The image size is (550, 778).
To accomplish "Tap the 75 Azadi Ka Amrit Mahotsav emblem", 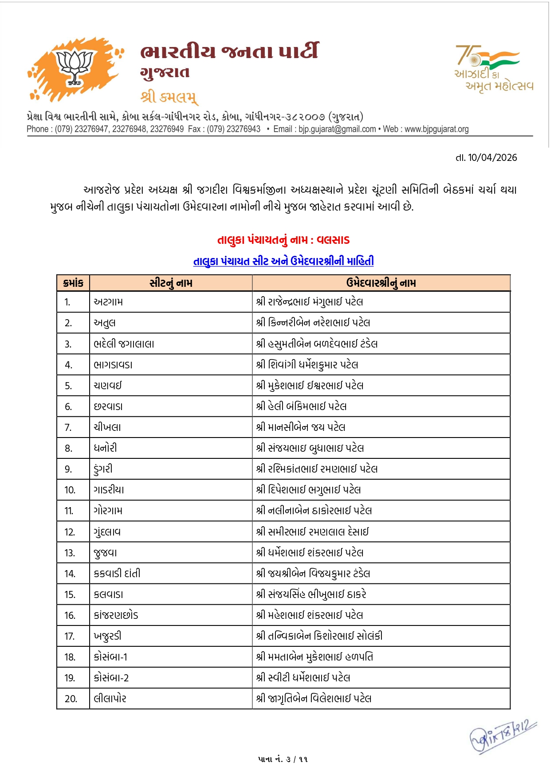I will click(x=494, y=68).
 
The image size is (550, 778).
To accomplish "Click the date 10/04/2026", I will click(x=492, y=157).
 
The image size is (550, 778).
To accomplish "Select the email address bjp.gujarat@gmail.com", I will click(x=337, y=129).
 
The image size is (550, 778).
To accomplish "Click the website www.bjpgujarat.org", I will click(x=436, y=129).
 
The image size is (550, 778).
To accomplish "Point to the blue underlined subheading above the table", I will click(x=283, y=261).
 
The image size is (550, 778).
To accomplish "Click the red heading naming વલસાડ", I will click(x=283, y=240).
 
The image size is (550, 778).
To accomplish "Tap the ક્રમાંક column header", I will click(x=73, y=283).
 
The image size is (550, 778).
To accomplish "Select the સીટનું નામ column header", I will click(x=171, y=283).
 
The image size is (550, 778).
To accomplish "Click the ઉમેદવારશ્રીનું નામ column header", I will click(x=381, y=283).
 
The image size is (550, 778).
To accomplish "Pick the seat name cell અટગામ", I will click(x=108, y=302).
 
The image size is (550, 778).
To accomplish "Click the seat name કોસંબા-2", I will click(x=111, y=678).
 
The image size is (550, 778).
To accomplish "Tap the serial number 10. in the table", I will click(x=70, y=490).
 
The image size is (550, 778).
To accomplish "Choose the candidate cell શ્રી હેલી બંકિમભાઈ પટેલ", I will click(x=301, y=406).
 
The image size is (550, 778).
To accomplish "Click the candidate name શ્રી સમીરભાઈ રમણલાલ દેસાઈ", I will click(x=312, y=532).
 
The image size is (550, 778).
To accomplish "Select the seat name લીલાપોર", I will click(x=110, y=699).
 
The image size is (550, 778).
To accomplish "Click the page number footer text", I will click(x=283, y=759).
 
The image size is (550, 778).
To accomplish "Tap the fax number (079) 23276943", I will click(x=234, y=129).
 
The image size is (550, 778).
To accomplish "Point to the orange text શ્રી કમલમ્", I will click(x=169, y=97).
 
